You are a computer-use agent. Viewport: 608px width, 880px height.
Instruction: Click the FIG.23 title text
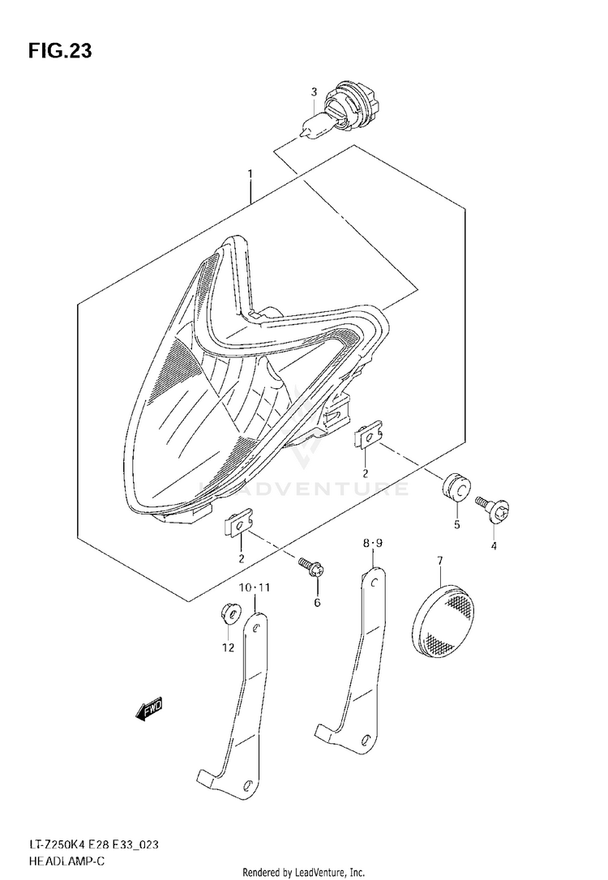pos(60,51)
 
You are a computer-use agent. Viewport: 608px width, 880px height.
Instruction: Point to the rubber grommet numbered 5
pos(456,489)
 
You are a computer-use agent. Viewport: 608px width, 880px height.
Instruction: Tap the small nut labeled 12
pos(227,613)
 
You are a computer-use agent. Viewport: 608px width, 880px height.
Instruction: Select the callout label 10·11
pos(255,587)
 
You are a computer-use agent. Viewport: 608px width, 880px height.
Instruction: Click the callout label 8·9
pos(372,543)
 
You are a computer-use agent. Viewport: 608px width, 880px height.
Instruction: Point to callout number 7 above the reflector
pos(439,560)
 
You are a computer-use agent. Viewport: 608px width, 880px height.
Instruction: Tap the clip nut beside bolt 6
pos(238,526)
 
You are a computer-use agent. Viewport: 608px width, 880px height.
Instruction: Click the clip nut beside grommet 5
pos(368,435)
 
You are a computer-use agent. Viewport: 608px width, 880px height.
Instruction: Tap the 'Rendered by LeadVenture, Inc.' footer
pos(304,872)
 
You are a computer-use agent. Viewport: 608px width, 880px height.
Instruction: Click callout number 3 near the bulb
pos(315,92)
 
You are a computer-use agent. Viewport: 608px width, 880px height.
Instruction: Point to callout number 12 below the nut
pos(227,647)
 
